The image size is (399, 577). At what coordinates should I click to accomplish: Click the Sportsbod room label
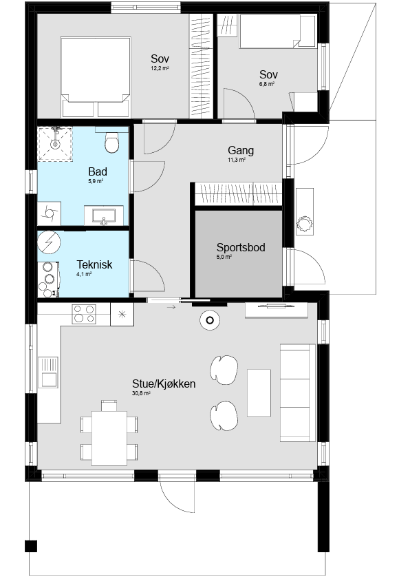[241, 247]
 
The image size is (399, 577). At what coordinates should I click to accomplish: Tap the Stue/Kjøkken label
[164, 384]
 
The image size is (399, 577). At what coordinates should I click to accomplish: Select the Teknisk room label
[94, 264]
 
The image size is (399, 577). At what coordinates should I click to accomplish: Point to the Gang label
[241, 150]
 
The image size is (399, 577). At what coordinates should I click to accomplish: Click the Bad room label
[98, 171]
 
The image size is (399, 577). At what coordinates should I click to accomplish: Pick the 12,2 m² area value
[160, 68]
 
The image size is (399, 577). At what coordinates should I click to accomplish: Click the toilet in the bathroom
[112, 142]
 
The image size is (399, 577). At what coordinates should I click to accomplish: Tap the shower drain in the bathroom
[55, 143]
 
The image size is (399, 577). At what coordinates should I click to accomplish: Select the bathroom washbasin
[104, 215]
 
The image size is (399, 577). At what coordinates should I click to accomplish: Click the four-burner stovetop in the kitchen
[84, 314]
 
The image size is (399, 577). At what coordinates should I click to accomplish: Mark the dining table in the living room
[109, 438]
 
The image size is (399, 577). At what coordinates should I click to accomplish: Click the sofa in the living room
[298, 392]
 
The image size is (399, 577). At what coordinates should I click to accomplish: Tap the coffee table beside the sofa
[259, 392]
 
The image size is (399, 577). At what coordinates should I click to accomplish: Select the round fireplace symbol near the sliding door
[210, 319]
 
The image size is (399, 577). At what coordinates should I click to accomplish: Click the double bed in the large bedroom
[96, 77]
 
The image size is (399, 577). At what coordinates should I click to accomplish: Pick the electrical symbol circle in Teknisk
[49, 242]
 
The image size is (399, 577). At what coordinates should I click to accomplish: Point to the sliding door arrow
[171, 307]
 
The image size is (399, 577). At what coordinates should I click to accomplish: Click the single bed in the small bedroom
[278, 31]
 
